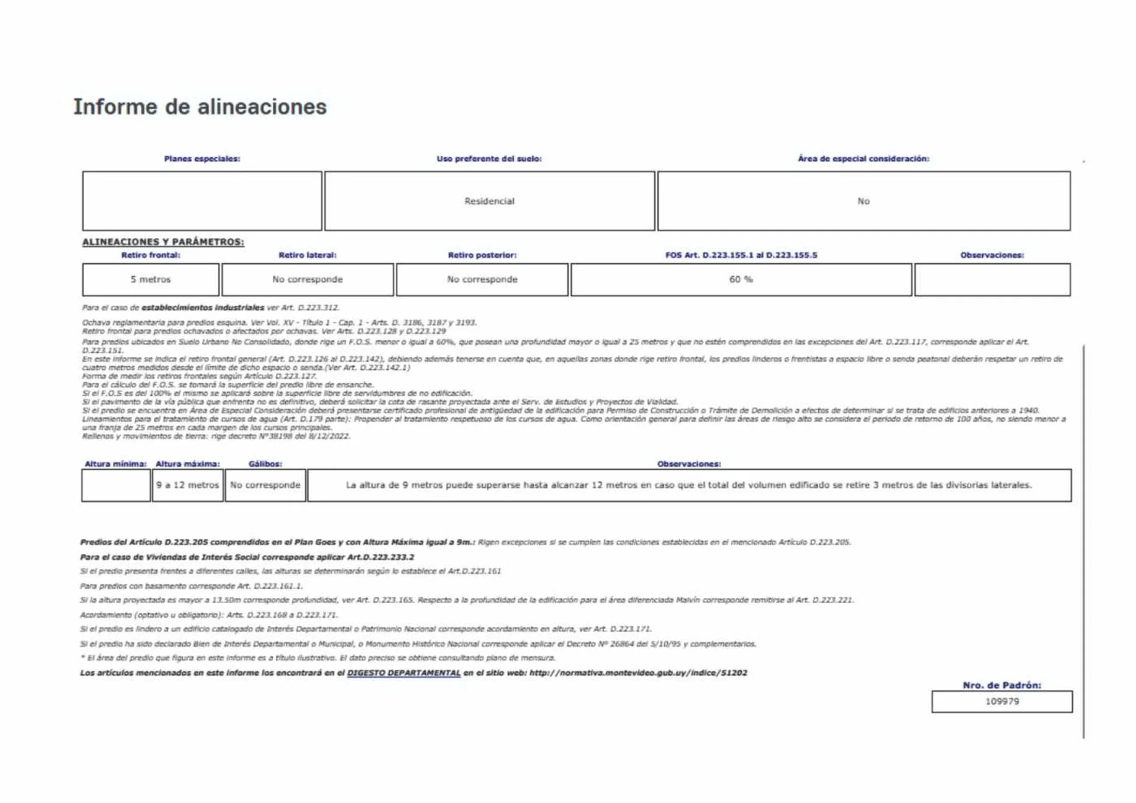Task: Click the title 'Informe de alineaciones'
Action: coord(200,107)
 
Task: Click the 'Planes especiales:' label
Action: coord(202,158)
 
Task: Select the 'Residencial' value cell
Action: coord(489,201)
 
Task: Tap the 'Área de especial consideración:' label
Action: coord(863,158)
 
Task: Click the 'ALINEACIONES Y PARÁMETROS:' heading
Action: coord(163,242)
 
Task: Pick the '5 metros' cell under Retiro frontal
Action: coord(150,279)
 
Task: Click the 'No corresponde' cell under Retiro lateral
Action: coord(307,279)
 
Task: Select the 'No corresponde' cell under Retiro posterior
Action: coord(482,279)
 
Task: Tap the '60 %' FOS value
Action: coord(741,279)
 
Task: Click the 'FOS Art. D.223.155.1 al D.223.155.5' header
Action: coord(741,255)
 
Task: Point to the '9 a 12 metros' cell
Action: coord(188,485)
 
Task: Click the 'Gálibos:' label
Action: coord(265,464)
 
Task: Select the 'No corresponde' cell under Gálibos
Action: coord(265,485)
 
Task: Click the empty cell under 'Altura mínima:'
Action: coord(116,485)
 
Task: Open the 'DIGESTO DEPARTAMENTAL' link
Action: coord(404,673)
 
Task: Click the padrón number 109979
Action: coord(1002,701)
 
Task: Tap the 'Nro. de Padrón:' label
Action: coord(1002,685)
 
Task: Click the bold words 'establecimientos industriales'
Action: coord(203,307)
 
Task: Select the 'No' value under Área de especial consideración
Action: coord(863,201)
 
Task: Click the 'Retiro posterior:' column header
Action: coord(482,255)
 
